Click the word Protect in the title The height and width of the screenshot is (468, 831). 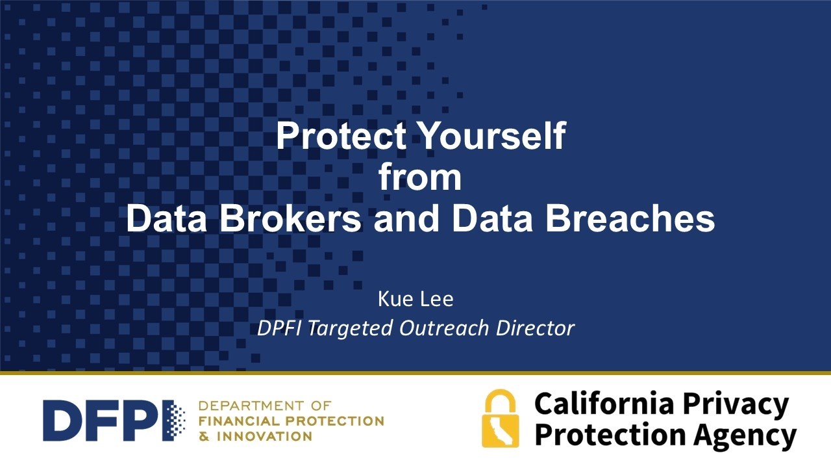tap(341, 136)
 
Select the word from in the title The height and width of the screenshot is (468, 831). tap(420, 177)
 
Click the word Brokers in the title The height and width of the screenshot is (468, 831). tap(290, 219)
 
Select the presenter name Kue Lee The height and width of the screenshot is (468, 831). tap(415, 300)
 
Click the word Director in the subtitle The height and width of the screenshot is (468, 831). tap(536, 328)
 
